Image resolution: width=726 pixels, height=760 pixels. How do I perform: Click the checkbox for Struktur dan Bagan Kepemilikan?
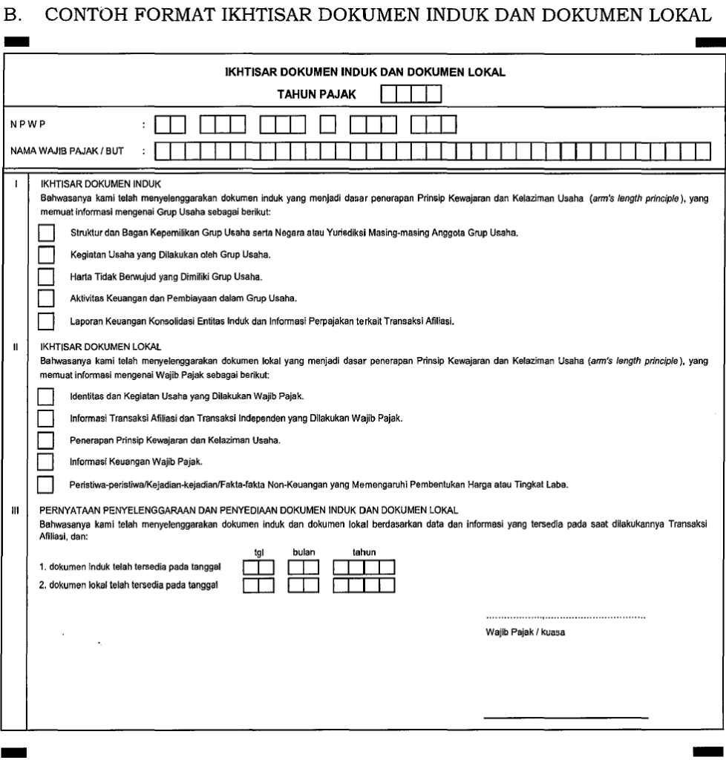(x=46, y=233)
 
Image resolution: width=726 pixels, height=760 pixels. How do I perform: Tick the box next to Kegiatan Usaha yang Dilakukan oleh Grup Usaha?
(x=46, y=255)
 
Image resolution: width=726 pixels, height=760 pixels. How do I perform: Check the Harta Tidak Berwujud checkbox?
(x=46, y=277)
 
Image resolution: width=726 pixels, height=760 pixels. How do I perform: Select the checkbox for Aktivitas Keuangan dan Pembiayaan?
(x=46, y=299)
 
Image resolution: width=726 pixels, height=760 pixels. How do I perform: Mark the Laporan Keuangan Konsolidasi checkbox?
(x=46, y=321)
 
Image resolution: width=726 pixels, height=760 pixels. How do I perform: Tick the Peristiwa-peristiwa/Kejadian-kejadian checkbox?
(x=46, y=485)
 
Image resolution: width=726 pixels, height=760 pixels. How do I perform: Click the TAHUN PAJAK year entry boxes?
(x=411, y=94)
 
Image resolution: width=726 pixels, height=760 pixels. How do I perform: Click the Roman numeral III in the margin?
(x=15, y=510)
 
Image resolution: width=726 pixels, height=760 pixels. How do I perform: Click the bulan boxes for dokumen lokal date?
(x=304, y=586)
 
